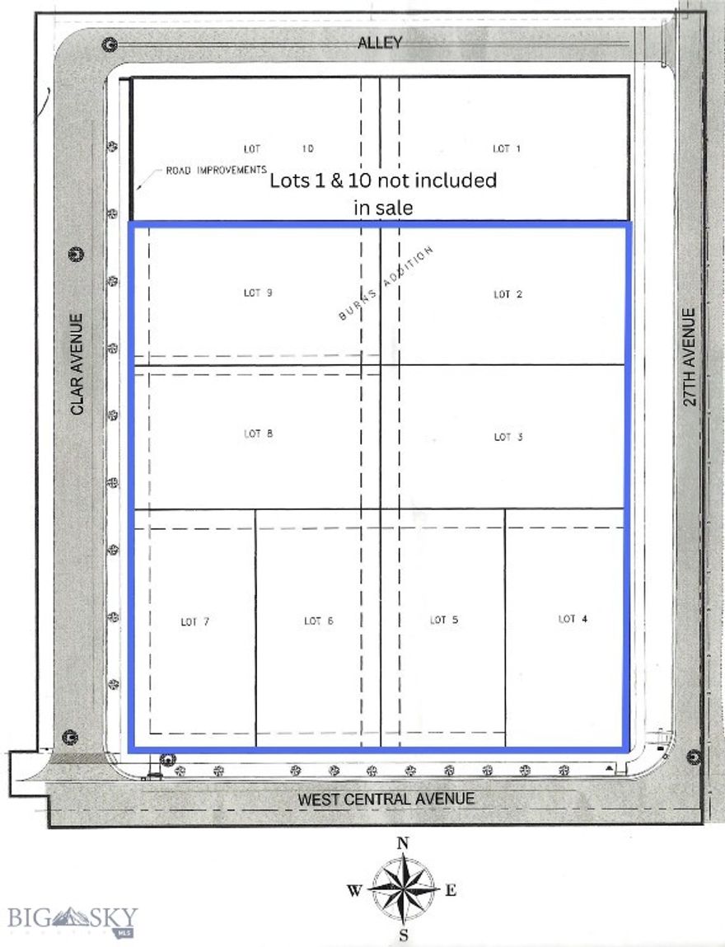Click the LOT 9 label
tap(258, 293)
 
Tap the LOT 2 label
tap(507, 294)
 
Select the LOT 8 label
tap(258, 434)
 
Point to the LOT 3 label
tap(507, 437)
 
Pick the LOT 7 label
tap(194, 621)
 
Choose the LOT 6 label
tap(318, 621)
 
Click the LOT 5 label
tap(443, 620)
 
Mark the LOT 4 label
tap(573, 618)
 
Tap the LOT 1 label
tap(507, 148)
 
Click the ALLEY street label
tap(380, 43)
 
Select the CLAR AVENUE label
tap(77, 363)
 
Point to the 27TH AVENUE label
tap(690, 357)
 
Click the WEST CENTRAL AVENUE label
tap(386, 799)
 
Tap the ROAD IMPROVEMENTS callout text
tap(216, 170)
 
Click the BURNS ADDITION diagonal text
tap(385, 284)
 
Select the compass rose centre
tap(403, 888)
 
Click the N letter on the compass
tap(403, 842)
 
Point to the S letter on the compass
tap(404, 935)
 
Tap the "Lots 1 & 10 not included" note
tap(383, 180)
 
